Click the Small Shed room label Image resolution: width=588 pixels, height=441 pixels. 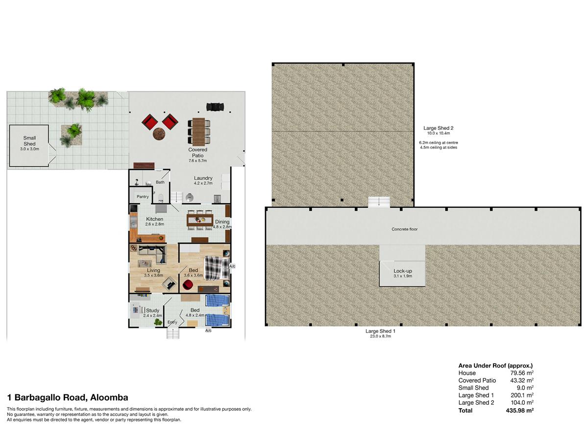(x=29, y=141)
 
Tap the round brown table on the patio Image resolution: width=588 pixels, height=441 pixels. (x=159, y=133)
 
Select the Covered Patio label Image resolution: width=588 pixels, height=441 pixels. (x=197, y=152)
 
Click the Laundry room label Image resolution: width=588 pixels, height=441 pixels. (x=203, y=178)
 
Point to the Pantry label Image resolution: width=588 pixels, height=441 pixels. (x=143, y=196)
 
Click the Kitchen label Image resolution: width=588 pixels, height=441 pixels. (x=154, y=219)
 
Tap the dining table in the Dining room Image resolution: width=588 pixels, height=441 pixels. (x=200, y=220)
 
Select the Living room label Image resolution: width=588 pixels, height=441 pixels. (x=153, y=270)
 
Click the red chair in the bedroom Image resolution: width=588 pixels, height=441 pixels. (x=188, y=285)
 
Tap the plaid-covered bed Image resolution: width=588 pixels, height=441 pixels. (x=217, y=269)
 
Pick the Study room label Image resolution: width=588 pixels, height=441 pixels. (x=153, y=311)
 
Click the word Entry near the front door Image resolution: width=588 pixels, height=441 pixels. (x=172, y=322)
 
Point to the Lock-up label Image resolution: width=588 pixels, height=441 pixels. (x=403, y=271)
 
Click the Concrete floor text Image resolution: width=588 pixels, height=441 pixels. (x=405, y=229)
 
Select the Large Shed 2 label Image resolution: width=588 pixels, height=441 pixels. (x=438, y=128)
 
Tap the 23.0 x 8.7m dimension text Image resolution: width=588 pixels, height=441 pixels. (x=380, y=336)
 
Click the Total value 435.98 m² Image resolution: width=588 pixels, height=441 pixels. (x=519, y=411)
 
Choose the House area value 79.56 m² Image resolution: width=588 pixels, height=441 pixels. (x=522, y=373)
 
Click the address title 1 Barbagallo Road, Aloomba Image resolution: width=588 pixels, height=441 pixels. (x=68, y=397)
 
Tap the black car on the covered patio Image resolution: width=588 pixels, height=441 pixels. (x=215, y=106)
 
